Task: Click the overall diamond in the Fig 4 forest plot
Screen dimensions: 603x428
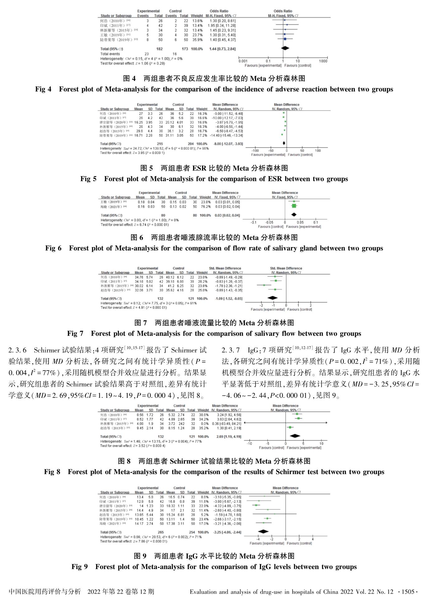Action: tap(285, 48)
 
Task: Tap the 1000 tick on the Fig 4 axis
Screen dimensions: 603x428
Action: tap(323, 61)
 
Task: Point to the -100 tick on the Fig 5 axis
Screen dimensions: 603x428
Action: tap(255, 150)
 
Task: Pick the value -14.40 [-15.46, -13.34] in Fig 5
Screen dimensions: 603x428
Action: tap(228, 136)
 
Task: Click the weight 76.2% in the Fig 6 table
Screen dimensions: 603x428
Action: tap(205, 207)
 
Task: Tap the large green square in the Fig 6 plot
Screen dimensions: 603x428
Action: tap(294, 206)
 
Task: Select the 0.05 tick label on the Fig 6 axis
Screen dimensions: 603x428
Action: tap(300, 222)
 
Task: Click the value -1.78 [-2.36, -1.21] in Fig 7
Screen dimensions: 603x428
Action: tap(228, 286)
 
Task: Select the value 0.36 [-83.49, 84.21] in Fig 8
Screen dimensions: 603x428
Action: tap(226, 424)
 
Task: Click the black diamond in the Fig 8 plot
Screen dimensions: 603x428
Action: tap(295, 436)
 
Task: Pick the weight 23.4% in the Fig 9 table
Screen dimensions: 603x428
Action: tap(203, 519)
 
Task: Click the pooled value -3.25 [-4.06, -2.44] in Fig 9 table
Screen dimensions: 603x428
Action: tap(227, 532)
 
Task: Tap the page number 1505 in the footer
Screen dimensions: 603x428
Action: tap(408, 592)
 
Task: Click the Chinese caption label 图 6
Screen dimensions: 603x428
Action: tap(137, 238)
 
